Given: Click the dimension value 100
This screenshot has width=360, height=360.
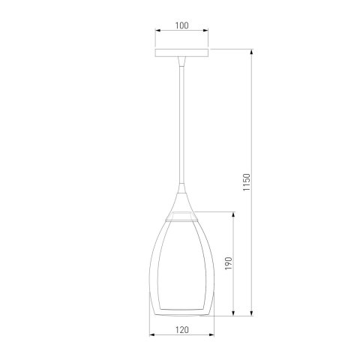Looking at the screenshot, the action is tap(181, 25).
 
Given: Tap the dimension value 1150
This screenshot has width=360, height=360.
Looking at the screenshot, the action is tap(247, 182).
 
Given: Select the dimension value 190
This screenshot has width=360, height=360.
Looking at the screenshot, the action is tap(229, 263).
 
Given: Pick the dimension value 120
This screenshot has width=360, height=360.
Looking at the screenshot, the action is tap(181, 330).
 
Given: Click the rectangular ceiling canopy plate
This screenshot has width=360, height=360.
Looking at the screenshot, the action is tap(181, 52).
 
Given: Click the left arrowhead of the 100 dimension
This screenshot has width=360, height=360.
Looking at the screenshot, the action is tap(157, 31).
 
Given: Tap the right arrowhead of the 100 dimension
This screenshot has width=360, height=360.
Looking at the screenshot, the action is tap(205, 31).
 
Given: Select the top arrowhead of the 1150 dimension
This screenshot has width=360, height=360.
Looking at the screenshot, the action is tap(252, 52).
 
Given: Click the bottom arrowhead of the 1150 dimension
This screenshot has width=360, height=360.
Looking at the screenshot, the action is tap(252, 313).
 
